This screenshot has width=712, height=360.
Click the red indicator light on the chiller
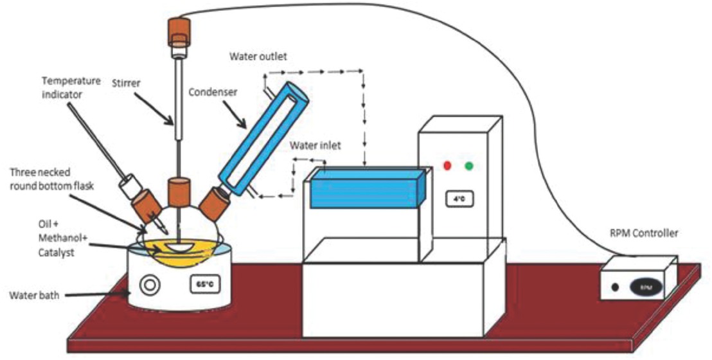pyautogui.click(x=447, y=166)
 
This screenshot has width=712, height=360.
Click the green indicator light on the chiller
pyautogui.click(x=470, y=166)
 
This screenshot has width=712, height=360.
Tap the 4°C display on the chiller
pyautogui.click(x=459, y=198)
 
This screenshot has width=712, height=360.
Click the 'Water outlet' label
pyautogui.click(x=258, y=56)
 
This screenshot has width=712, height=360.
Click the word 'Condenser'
pyautogui.click(x=213, y=91)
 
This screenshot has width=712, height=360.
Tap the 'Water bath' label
pyautogui.click(x=33, y=296)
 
